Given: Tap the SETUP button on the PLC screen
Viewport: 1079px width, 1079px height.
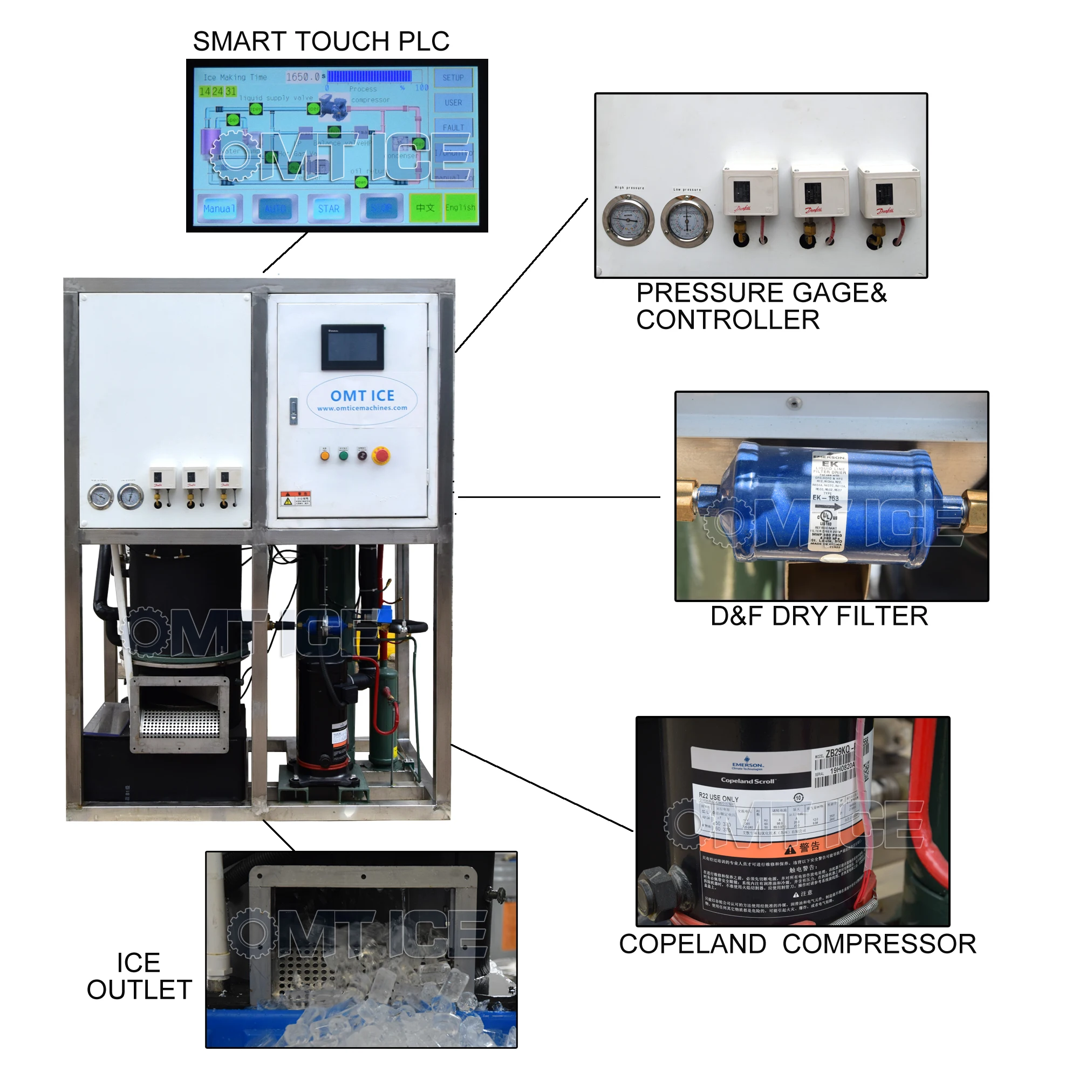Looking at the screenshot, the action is (x=453, y=78).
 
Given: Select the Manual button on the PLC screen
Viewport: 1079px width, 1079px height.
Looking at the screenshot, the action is (x=219, y=209).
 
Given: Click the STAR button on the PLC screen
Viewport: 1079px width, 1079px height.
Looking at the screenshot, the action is (x=329, y=209).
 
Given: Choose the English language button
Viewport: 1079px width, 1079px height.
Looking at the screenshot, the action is (x=460, y=208).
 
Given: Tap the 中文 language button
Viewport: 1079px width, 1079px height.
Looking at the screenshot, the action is (x=425, y=208).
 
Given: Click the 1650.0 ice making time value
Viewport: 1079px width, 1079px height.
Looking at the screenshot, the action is (x=302, y=77).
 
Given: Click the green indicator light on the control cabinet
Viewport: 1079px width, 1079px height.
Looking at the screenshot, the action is (x=344, y=455).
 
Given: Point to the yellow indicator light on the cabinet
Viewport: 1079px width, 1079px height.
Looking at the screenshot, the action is (x=324, y=455).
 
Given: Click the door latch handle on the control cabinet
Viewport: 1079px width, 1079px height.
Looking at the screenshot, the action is (x=293, y=411).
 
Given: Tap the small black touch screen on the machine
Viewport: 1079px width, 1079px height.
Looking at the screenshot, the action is (x=352, y=347).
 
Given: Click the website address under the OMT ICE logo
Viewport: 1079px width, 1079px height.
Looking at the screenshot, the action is (x=362, y=408).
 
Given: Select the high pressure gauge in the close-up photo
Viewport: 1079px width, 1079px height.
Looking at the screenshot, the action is (x=628, y=220).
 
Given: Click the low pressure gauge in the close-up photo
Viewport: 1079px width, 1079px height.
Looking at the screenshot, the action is (x=687, y=221).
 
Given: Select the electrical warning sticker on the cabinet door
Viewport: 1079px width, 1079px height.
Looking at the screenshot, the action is (x=296, y=498).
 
